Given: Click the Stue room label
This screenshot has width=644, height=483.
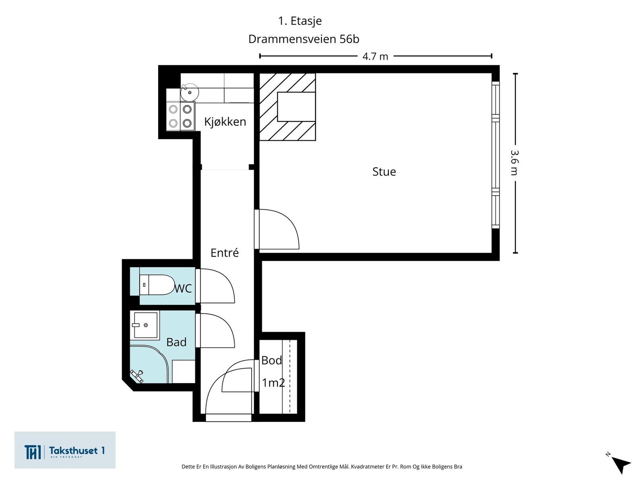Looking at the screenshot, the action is (x=384, y=171).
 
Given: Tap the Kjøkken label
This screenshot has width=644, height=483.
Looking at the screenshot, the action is (x=225, y=122).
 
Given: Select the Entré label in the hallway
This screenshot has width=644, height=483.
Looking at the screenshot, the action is (x=225, y=252).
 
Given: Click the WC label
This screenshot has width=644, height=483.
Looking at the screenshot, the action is (x=183, y=289).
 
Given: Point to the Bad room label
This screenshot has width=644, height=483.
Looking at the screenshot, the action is (x=176, y=342).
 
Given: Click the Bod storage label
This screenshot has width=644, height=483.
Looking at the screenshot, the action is (x=271, y=360).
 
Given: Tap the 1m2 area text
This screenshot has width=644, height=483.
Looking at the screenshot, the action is (x=273, y=383).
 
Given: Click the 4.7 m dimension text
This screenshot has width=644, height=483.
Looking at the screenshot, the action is (x=375, y=56).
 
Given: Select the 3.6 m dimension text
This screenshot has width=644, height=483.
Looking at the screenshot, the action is (x=515, y=163).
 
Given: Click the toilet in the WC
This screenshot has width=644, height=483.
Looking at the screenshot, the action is (x=157, y=285).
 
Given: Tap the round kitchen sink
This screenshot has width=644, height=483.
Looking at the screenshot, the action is (x=189, y=92).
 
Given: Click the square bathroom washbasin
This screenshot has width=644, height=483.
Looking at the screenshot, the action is (x=145, y=325).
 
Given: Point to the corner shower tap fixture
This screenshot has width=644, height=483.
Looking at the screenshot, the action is (x=137, y=376).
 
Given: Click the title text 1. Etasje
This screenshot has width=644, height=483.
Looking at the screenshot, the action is (x=300, y=21).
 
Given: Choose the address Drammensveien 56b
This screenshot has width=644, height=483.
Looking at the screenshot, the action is (x=303, y=39).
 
